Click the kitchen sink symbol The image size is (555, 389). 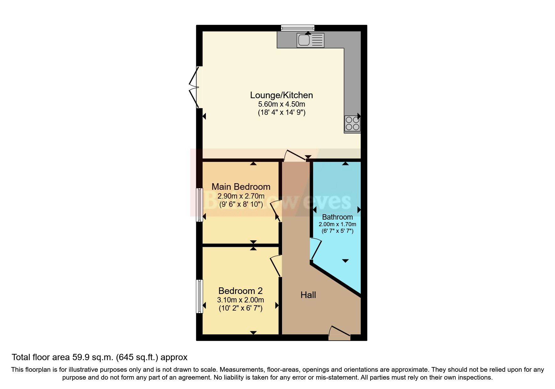click(x=310, y=40)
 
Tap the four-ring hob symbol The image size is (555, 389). click(x=352, y=124)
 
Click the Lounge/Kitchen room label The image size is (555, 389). click(x=281, y=95)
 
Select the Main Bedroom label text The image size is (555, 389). click(x=241, y=187)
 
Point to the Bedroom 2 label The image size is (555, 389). click(x=240, y=291)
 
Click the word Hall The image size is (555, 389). click(x=308, y=295)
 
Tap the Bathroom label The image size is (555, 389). click(x=337, y=217)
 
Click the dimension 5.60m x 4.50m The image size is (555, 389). click(x=281, y=104)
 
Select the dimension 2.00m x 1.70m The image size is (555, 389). click(x=337, y=224)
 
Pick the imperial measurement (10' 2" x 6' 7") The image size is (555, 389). click(x=240, y=308)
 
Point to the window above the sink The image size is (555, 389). click(x=297, y=28)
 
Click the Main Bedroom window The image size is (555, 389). click(x=199, y=205)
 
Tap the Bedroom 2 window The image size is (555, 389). click(x=199, y=296)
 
